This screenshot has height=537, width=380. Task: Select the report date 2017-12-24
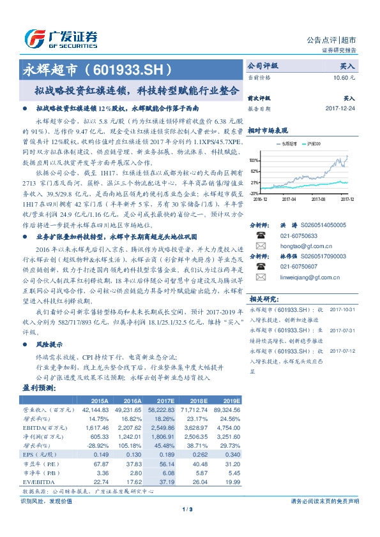[340, 108]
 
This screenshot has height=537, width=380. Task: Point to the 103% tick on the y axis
[254, 160]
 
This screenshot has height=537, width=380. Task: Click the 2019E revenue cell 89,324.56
[227, 409]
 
